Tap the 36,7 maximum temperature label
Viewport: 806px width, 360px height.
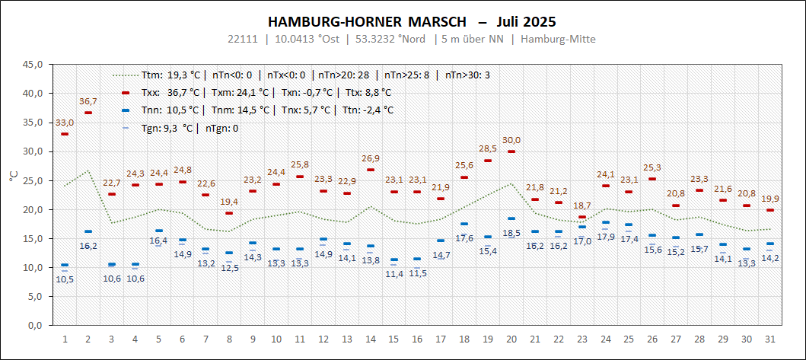click(88, 101)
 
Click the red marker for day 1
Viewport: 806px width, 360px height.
click(65, 134)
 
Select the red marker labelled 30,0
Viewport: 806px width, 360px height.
click(511, 151)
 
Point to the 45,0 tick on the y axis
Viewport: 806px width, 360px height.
click(32, 65)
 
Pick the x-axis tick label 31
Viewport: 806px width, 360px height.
click(770, 339)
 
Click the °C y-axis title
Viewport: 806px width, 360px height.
click(13, 176)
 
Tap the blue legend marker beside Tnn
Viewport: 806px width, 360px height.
click(126, 110)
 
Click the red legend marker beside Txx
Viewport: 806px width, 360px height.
click(126, 93)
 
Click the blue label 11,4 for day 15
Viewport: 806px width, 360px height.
click(394, 274)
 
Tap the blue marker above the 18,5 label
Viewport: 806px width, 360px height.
click(511, 219)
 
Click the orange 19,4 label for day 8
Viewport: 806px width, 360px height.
click(229, 202)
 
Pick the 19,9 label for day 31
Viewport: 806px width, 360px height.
click(770, 199)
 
